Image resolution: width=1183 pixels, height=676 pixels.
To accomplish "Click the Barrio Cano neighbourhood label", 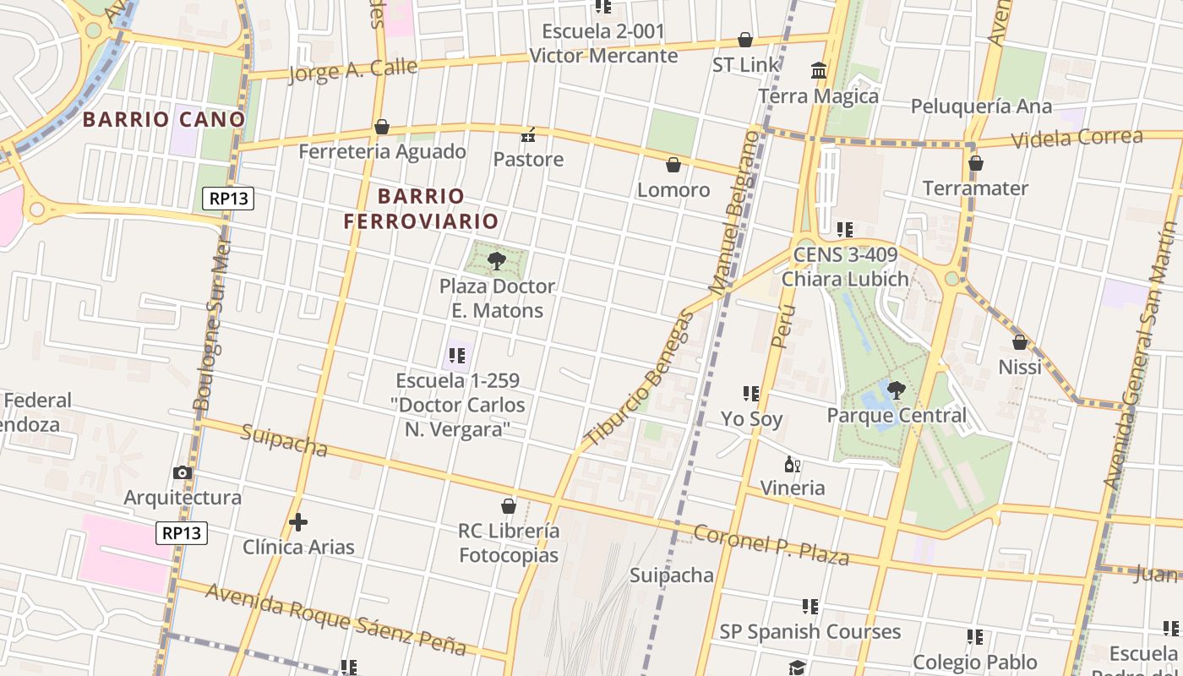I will pyautogui.click(x=164, y=119).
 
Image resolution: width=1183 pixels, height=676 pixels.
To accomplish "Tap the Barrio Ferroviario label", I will pyautogui.click(x=421, y=209).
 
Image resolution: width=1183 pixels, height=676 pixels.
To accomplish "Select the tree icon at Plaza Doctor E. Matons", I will pyautogui.click(x=497, y=260).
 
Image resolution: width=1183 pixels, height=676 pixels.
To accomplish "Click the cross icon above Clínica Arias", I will pyautogui.click(x=297, y=522).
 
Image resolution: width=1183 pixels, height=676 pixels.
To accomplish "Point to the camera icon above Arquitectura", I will pyautogui.click(x=183, y=473).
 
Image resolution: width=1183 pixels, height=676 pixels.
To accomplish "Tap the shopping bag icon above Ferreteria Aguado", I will pyautogui.click(x=382, y=128).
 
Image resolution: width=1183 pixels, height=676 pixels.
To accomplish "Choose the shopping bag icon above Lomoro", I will pyautogui.click(x=673, y=165).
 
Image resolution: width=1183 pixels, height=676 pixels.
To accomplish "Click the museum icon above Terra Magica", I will pyautogui.click(x=818, y=71).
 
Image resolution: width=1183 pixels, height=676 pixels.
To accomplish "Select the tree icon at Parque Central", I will pyautogui.click(x=897, y=390).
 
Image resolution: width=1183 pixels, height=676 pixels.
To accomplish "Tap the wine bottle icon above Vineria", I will pyautogui.click(x=792, y=464).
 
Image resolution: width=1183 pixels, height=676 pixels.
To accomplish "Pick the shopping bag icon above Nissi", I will pyautogui.click(x=1020, y=342).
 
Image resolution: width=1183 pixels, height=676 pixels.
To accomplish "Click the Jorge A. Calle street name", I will pyautogui.click(x=352, y=69).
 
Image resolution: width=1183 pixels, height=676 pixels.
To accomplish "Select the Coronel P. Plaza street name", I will pyautogui.click(x=771, y=544).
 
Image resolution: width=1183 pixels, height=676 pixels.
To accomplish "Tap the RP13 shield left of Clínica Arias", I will pyautogui.click(x=182, y=532).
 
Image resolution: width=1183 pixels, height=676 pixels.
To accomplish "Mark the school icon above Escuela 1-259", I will pyautogui.click(x=457, y=356).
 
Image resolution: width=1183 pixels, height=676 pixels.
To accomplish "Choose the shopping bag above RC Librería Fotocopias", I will pyautogui.click(x=509, y=506).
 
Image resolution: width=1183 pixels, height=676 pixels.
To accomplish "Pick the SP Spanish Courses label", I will pyautogui.click(x=810, y=631).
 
